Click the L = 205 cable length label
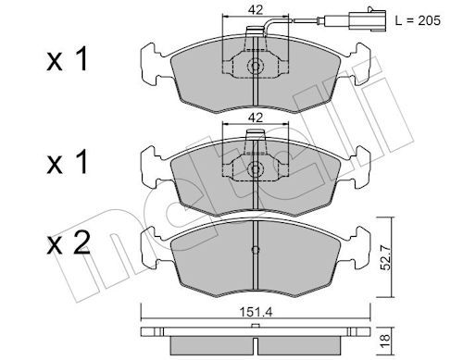(x=418, y=20)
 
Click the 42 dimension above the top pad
(x=256, y=10)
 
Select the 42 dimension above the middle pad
(x=256, y=118)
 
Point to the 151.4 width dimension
(x=256, y=313)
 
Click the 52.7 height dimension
(x=385, y=256)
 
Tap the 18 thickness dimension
(x=385, y=341)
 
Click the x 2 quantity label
(x=68, y=244)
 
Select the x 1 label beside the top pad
(x=68, y=59)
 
